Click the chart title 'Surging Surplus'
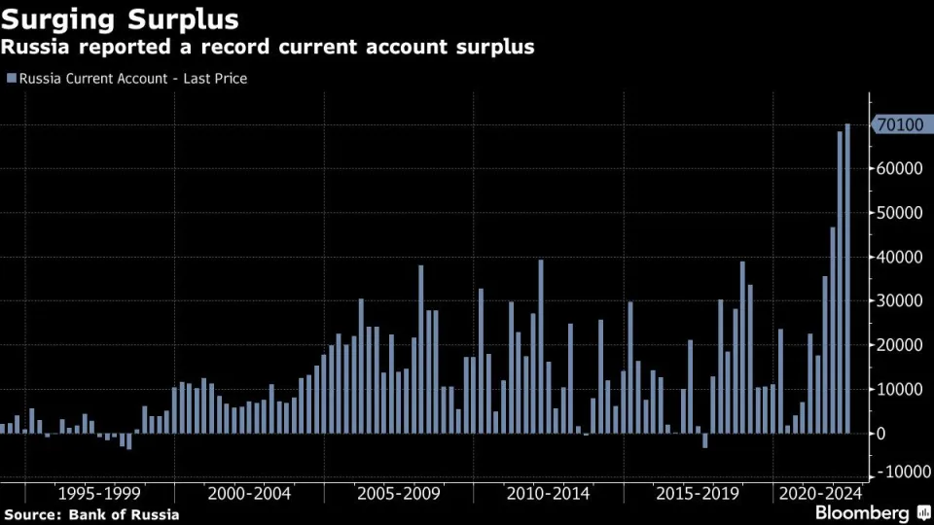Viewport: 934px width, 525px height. [122, 18]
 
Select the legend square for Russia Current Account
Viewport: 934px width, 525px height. [11, 78]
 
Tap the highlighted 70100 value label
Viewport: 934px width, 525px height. [899, 124]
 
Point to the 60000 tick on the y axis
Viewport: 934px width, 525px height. [898, 168]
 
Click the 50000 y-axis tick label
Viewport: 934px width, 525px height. [898, 213]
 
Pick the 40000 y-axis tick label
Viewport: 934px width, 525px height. [898, 257]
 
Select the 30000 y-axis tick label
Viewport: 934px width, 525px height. [898, 300]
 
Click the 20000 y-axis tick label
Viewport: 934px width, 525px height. [898, 345]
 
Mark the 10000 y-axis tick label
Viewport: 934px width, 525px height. [898, 389]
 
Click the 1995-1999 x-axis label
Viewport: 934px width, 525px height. [99, 493]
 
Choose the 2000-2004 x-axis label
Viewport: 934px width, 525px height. [249, 493]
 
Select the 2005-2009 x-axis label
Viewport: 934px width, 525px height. [399, 493]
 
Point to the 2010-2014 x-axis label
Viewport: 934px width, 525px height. [549, 493]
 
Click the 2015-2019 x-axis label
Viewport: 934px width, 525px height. [699, 493]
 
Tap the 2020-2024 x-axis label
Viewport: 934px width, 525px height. [819, 493]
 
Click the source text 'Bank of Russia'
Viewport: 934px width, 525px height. [125, 513]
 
